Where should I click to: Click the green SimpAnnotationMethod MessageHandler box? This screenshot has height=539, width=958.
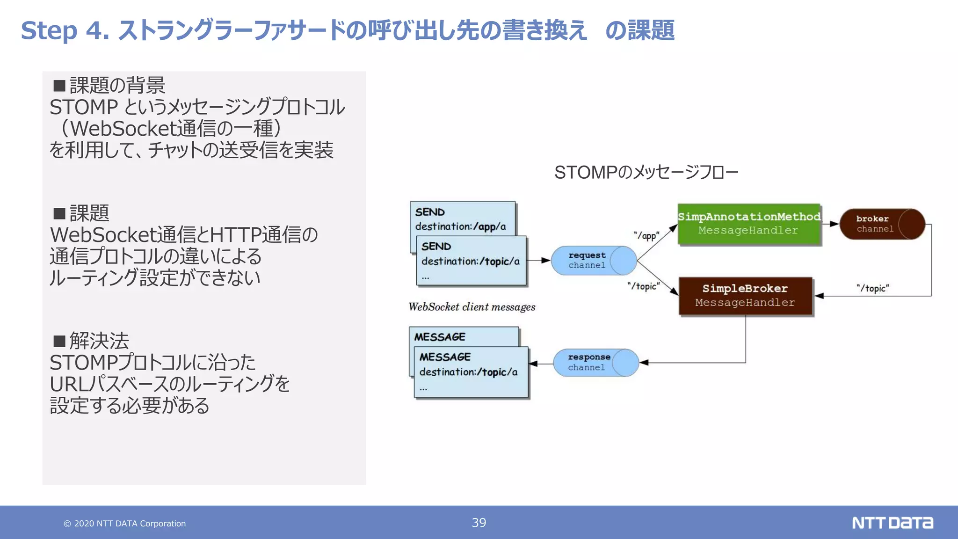tap(748, 224)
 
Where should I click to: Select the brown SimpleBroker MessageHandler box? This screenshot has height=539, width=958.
tap(745, 296)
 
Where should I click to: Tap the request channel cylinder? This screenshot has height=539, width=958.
tap(593, 260)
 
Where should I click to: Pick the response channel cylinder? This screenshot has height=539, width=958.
tap(595, 362)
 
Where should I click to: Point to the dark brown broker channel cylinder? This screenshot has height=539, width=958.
tap(882, 224)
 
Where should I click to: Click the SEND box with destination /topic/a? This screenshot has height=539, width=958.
tap(471, 261)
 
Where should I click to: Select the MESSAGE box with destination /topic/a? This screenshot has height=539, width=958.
tap(471, 372)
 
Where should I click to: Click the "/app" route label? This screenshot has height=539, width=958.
tap(646, 235)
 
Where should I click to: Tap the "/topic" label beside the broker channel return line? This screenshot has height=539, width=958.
tap(872, 288)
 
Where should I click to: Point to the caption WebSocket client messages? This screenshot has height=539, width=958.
tap(472, 307)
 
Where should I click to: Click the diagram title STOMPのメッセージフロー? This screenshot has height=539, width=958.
tap(646, 173)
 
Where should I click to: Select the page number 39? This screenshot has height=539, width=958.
tap(479, 523)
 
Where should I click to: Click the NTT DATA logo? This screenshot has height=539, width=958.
tap(892, 523)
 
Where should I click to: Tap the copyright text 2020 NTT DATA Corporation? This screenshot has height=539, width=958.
tap(125, 524)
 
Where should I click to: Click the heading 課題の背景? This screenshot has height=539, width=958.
tap(117, 85)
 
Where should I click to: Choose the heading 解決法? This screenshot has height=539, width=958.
tap(99, 341)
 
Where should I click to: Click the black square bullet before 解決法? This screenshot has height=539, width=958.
tap(59, 341)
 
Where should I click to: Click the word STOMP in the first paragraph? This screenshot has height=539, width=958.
tap(84, 107)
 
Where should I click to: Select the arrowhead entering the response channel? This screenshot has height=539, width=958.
tap(644, 363)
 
